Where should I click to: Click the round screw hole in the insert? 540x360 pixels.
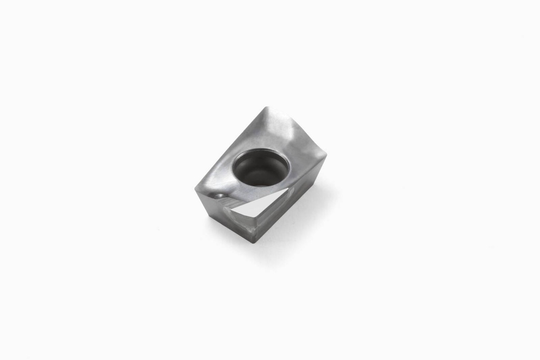[261, 167]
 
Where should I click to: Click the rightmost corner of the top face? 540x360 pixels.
[326, 155]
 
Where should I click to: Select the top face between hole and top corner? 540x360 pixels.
[264, 134]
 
